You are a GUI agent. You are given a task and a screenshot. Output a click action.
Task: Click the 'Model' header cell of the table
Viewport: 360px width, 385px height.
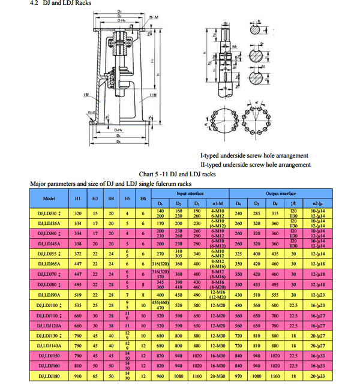(x=50, y=198)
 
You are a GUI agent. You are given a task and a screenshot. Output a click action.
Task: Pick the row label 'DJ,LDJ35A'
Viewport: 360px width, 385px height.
(x=50, y=223)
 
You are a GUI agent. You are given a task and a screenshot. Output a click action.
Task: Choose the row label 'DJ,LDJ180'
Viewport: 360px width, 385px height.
(x=49, y=376)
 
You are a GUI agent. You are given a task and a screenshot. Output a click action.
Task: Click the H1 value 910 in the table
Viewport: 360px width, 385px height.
(x=78, y=376)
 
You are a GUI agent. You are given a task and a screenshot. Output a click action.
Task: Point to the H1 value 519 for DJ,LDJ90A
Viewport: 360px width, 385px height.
(x=78, y=294)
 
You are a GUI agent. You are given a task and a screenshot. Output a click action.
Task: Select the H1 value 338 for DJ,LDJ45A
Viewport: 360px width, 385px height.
(x=78, y=243)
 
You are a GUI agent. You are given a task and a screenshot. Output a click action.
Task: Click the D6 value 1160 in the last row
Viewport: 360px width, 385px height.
(x=275, y=376)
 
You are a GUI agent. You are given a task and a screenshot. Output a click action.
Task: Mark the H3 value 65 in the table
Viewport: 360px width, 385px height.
(x=95, y=376)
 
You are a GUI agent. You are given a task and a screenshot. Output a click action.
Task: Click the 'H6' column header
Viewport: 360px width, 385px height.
(x=143, y=198)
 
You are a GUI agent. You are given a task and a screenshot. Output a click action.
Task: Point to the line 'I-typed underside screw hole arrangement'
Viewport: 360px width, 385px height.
(x=254, y=156)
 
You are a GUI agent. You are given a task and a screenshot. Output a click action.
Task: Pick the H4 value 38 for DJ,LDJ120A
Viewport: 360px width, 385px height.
(x=111, y=325)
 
